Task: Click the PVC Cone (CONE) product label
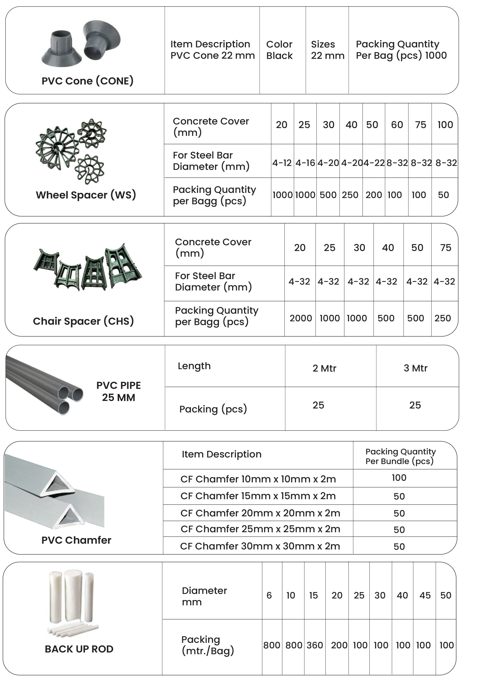[x=87, y=81]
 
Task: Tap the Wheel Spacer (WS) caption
[x=86, y=195]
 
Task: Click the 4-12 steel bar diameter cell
[x=282, y=163]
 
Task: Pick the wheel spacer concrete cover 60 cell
[x=397, y=125]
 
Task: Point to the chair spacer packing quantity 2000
[x=301, y=318]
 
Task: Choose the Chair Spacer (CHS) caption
[x=83, y=321]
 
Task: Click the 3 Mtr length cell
[x=415, y=368]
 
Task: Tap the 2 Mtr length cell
[x=324, y=368]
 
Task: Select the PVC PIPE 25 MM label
[x=118, y=391]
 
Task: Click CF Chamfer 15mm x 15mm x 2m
[x=258, y=496]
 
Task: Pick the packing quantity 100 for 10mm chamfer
[x=399, y=478]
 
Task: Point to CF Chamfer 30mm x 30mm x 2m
[x=260, y=546]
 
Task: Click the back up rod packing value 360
[x=315, y=645]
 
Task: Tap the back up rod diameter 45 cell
[x=425, y=595]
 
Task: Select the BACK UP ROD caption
[x=79, y=649]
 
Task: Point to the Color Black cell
[x=279, y=50]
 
